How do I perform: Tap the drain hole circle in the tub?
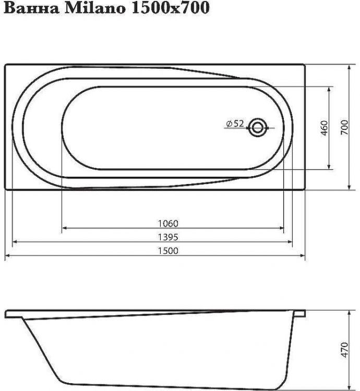pyautogui.click(x=257, y=127)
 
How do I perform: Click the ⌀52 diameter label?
pyautogui.click(x=235, y=124)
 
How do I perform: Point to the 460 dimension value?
pyautogui.click(x=324, y=128)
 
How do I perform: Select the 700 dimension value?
pyautogui.click(x=344, y=128)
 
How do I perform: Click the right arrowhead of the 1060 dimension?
pyautogui.click(x=282, y=228)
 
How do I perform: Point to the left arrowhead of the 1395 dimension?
pyautogui.click(x=15, y=242)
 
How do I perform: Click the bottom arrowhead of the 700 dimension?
pyautogui.click(x=349, y=187)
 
